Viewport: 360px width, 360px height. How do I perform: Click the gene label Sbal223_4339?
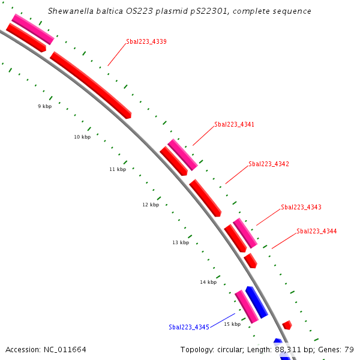pos(146,42)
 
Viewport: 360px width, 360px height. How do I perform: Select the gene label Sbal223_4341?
pos(234,125)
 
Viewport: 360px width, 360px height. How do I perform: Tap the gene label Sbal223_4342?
pos(269,164)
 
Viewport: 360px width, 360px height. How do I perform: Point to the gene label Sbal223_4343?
pos(301,207)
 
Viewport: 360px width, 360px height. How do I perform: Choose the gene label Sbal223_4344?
pos(317,231)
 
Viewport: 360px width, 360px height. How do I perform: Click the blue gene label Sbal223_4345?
pos(188,327)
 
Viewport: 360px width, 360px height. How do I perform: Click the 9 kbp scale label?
pos(44,106)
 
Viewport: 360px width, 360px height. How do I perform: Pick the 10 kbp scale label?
pos(82,137)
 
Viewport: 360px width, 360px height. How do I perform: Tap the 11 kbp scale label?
pos(118,169)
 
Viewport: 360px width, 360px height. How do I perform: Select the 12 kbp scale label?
pos(151,205)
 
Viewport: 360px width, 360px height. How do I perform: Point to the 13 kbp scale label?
pos(181,242)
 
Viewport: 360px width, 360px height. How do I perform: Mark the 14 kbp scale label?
pos(208,282)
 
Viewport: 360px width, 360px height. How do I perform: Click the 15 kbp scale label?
pos(232,324)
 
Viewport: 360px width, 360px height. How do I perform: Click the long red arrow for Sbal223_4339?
pos(90,84)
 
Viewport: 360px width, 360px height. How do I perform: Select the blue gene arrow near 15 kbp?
pos(257,302)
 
